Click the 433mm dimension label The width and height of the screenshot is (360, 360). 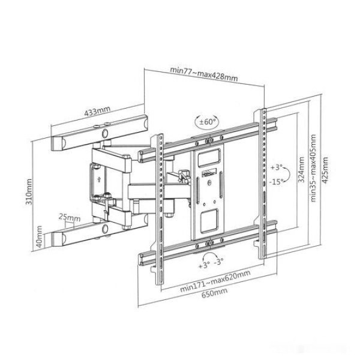[97, 111]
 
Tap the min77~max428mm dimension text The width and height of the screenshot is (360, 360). [203, 73]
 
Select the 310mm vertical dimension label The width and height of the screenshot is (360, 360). [29, 192]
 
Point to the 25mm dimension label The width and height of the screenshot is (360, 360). [70, 217]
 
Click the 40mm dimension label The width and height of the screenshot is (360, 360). [39, 237]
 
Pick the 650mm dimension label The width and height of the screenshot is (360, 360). [214, 293]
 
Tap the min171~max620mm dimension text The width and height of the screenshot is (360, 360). [215, 281]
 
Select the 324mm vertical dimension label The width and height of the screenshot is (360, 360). [301, 169]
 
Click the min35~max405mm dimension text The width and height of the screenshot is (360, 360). [313, 168]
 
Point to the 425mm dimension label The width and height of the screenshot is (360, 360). [325, 170]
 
